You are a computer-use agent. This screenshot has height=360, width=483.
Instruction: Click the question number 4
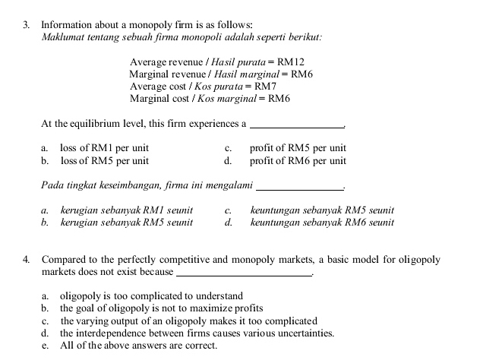[x=27, y=260]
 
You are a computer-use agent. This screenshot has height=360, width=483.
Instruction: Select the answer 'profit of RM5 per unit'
[x=298, y=148]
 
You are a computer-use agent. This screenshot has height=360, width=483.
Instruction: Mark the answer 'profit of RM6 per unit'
[x=298, y=161]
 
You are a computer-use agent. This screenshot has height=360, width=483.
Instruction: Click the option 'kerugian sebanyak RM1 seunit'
[x=126, y=210]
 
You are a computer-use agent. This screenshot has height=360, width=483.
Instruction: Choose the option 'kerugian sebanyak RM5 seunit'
[x=126, y=223]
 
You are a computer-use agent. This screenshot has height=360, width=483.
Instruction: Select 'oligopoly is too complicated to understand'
[x=151, y=295]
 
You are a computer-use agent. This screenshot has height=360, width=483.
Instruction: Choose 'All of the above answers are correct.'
[x=138, y=346]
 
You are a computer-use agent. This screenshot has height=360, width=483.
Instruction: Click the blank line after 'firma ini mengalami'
[x=301, y=188]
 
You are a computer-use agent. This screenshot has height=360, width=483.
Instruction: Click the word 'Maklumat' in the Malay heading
[x=63, y=36]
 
